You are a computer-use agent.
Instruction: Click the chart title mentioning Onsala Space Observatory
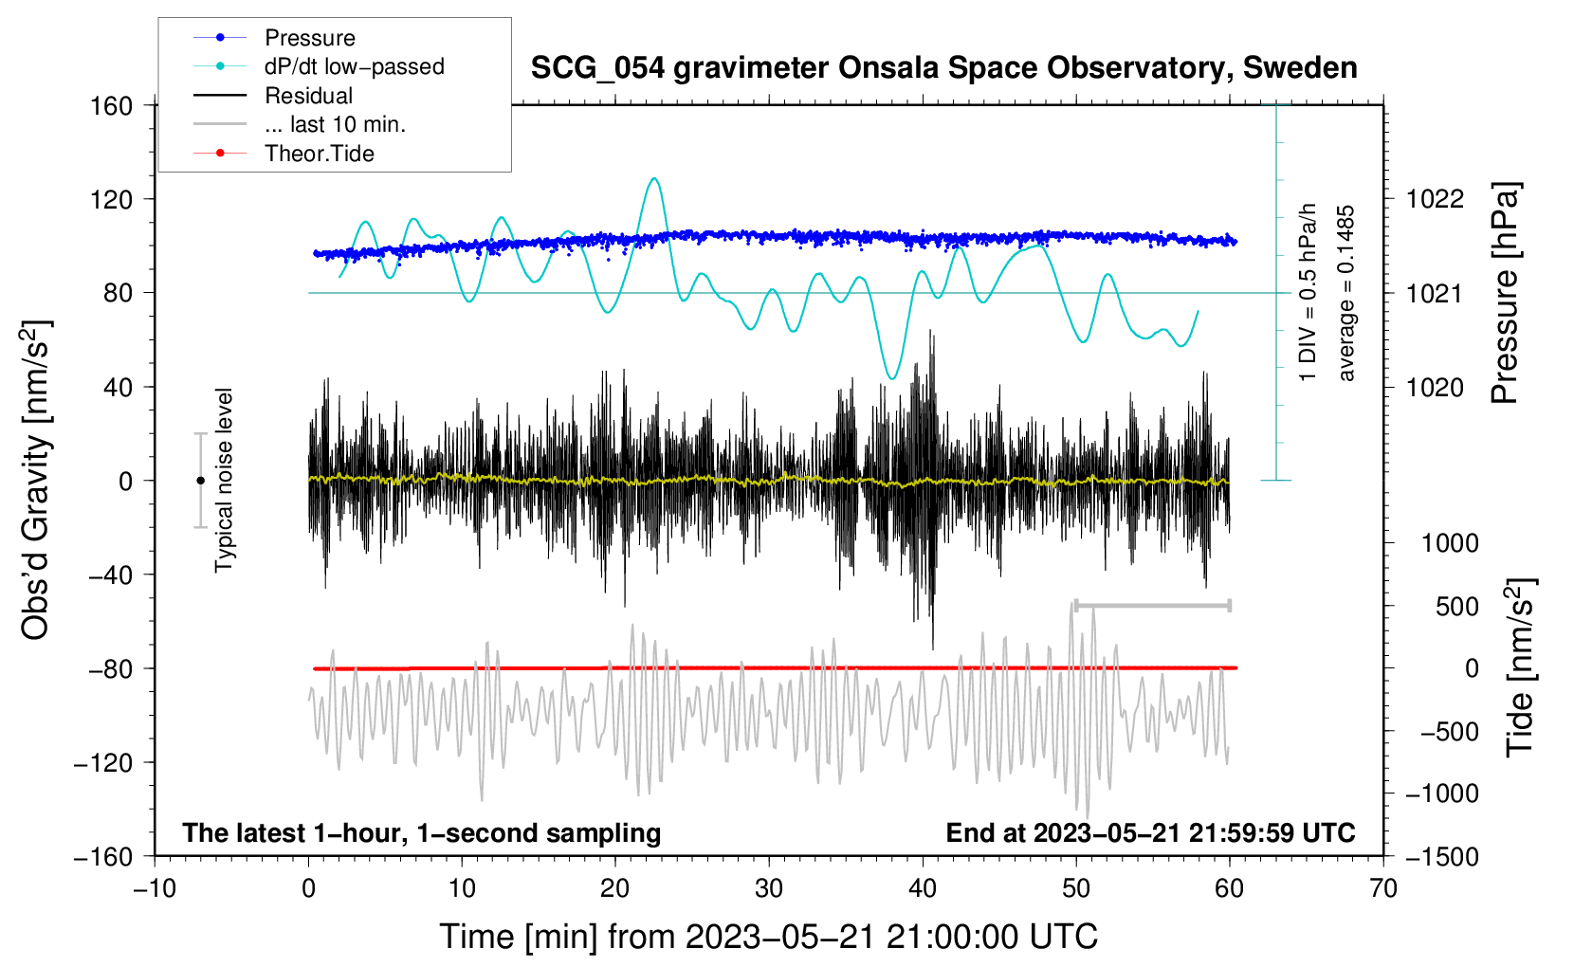[943, 68]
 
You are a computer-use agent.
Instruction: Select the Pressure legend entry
[309, 38]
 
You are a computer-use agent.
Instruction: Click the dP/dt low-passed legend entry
[354, 66]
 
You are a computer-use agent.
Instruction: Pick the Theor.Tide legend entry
[319, 154]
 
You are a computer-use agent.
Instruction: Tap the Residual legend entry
[308, 96]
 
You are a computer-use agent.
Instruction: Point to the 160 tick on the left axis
[112, 105]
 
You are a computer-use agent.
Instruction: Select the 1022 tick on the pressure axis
[1435, 199]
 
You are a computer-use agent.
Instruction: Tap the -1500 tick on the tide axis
[1441, 856]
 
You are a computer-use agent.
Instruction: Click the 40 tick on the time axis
[923, 888]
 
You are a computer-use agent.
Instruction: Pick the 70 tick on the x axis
[1383, 888]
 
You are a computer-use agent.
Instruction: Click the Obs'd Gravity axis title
[36, 480]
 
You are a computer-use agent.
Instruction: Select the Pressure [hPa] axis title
[1505, 293]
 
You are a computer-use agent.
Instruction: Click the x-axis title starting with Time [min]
[768, 937]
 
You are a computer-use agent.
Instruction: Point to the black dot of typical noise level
[200, 481]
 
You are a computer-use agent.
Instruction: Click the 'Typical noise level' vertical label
[224, 480]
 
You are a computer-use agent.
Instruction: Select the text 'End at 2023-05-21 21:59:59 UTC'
[1150, 832]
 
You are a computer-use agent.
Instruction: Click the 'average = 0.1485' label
[1345, 293]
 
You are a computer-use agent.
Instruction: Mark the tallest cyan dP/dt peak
[653, 178]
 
